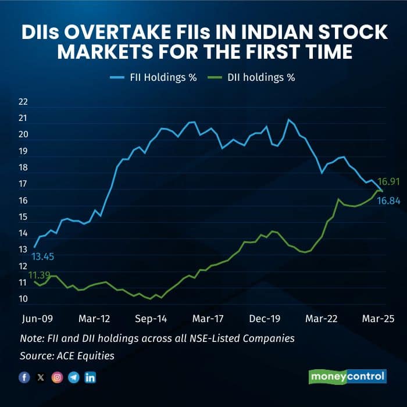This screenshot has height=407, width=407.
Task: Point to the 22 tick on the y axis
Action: point(23,102)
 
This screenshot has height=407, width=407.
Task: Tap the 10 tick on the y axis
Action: point(23,299)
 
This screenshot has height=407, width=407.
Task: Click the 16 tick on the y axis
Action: point(23,201)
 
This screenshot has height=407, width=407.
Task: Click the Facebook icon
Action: point(24,377)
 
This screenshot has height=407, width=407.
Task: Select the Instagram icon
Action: point(57,377)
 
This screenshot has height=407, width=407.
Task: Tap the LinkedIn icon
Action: point(90,377)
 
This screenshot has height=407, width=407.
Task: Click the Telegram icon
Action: point(74,377)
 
